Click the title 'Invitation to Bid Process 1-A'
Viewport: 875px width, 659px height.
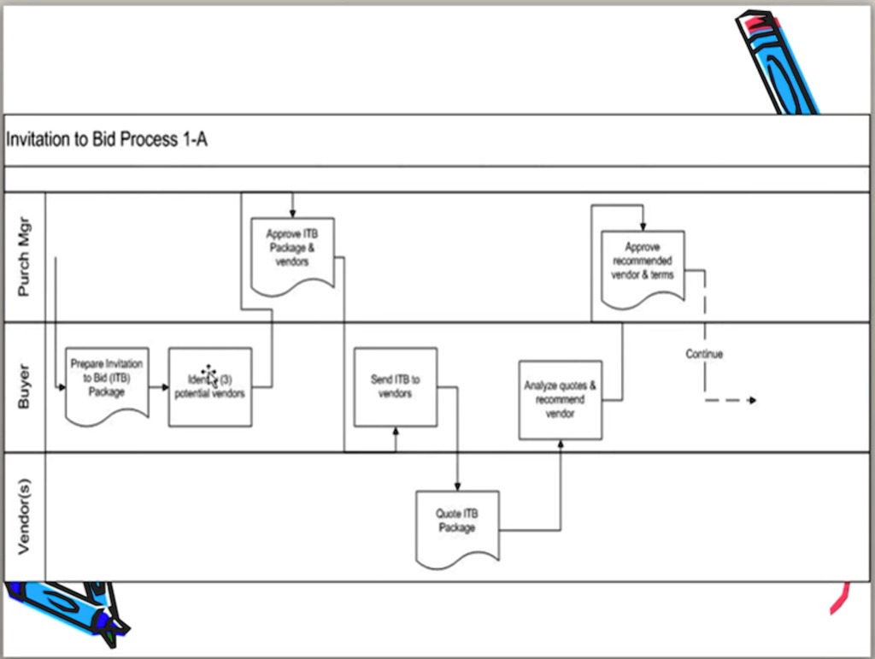[107, 140]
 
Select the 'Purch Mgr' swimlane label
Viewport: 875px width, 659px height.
[25, 257]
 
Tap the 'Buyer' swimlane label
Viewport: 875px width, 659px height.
[25, 386]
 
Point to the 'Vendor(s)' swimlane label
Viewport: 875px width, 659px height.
[25, 517]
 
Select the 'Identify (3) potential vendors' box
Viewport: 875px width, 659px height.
[209, 386]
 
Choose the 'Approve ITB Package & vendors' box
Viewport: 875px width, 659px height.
[292, 253]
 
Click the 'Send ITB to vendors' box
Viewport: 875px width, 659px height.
[395, 386]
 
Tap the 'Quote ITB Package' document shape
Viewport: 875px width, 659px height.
[457, 526]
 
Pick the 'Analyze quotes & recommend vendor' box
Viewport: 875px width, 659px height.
[560, 399]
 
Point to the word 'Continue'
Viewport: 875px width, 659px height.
[704, 354]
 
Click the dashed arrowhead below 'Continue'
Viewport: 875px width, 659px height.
[751, 400]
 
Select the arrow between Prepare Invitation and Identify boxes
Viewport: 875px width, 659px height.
[159, 387]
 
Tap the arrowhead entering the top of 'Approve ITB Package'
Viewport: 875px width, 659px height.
[292, 214]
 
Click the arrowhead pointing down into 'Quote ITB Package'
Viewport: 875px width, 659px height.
[458, 486]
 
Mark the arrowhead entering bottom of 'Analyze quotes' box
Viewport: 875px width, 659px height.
[561, 444]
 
